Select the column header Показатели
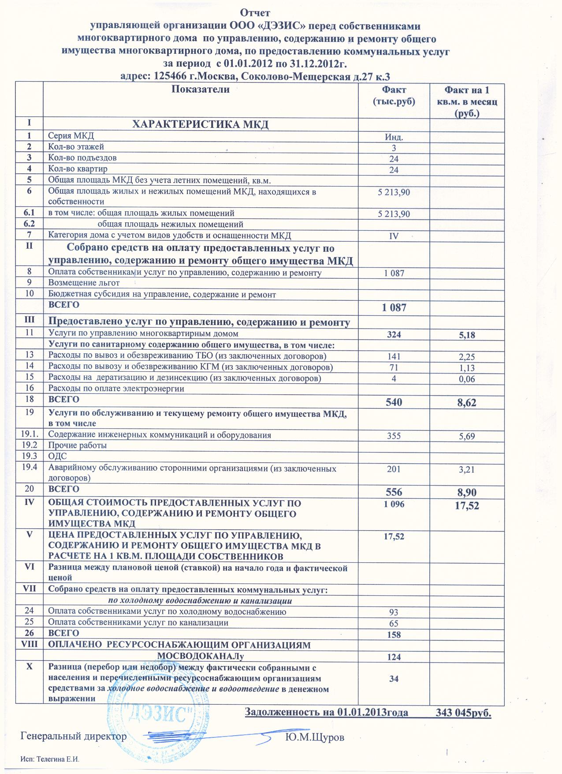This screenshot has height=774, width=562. pos(201,90)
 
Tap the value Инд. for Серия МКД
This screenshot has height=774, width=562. pos(394,137)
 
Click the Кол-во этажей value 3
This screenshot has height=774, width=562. pos(394,148)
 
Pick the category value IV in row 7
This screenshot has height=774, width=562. pos(394,236)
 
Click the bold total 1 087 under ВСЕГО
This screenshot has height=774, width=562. pos(394,308)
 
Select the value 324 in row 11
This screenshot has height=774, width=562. pos(394,335)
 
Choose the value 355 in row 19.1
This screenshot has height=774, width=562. pos(394,436)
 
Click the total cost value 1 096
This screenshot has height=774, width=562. pos(394,504)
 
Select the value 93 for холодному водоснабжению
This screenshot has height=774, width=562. pos(394,613)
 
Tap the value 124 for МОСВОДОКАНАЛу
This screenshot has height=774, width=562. pos(394,657)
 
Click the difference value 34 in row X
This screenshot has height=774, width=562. pos(394,679)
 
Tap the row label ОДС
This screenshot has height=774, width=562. pos(57,456)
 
